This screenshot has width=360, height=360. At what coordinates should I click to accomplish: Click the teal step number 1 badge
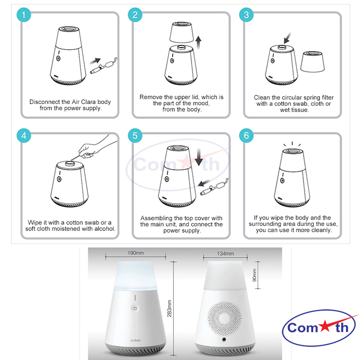(x=24, y=15)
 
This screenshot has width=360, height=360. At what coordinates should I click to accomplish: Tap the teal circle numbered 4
(x=24, y=135)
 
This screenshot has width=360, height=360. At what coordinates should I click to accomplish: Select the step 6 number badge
(x=246, y=135)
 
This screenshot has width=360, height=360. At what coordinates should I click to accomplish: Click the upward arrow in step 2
(x=198, y=42)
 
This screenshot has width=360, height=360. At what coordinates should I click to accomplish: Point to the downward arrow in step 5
(x=199, y=157)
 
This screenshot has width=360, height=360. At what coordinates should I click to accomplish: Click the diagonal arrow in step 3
(x=287, y=38)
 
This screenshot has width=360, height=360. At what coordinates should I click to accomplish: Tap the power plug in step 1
(x=103, y=66)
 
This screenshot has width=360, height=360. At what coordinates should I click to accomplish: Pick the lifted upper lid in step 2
(x=182, y=32)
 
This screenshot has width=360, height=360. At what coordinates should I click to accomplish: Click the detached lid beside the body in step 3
(x=312, y=62)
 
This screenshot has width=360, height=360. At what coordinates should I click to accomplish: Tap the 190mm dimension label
(x=136, y=253)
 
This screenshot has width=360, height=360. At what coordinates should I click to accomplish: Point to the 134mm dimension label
(x=225, y=254)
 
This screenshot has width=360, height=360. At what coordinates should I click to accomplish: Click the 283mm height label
(x=169, y=308)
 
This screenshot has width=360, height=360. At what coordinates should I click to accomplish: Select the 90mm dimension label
(x=254, y=275)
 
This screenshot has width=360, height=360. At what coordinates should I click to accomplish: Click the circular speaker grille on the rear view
(x=225, y=318)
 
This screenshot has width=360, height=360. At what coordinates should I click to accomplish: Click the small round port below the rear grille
(x=224, y=339)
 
